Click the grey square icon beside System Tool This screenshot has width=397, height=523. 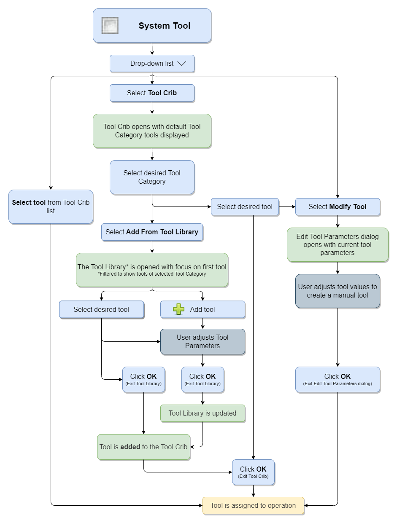pos(110,25)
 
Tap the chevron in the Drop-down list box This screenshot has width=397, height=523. pos(182,63)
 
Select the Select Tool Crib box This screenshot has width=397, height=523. pos(152,93)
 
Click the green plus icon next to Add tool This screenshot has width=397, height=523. pos(178,309)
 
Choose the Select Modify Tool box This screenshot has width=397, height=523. pos(338,207)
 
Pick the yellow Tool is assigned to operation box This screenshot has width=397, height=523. pos(253,505)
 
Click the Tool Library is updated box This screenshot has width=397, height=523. pos(203,413)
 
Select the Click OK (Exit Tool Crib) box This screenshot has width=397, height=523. pos(253,472)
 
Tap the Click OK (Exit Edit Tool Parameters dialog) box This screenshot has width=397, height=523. pos(338,380)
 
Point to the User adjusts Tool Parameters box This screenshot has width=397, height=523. pos(203,341)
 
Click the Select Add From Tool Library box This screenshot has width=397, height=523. pos(152,232)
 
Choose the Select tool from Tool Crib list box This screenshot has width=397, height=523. pos(51,207)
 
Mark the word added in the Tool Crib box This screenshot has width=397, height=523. pos(130,447)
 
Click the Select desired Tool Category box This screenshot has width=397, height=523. pos(152,177)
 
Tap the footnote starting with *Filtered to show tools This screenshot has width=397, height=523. pos(151,274)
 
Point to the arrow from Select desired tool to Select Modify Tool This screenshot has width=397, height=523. pos(287,207)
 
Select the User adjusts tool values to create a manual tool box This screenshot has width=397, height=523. pos(338,291)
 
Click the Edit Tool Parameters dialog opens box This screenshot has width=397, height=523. pos(338,245)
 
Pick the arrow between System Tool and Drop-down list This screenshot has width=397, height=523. pos(152,49)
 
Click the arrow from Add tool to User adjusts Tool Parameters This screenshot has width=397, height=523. pos(203,323)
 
